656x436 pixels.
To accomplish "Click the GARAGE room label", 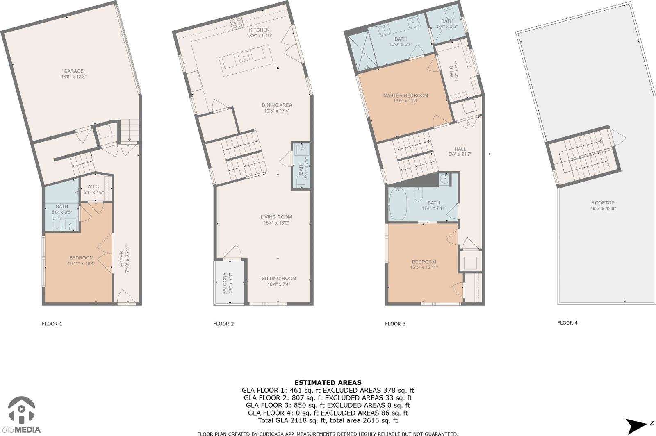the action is (73, 71).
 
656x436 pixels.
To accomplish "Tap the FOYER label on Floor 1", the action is (121, 259).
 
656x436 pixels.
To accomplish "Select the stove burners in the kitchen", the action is (237, 23).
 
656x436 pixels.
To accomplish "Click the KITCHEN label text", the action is (259, 30).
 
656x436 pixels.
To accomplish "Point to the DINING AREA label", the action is (277, 105).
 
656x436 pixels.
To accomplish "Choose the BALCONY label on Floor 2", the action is (225, 283).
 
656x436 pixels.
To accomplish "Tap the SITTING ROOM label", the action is (279, 279).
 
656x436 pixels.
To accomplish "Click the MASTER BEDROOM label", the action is (405, 95).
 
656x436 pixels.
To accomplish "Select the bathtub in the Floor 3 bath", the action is (398, 204).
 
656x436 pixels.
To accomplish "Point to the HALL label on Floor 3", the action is (460, 149).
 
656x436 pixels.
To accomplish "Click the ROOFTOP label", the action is (603, 203).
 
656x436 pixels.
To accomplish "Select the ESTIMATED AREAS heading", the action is (328, 382).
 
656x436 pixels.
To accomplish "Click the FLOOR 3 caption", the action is (395, 324).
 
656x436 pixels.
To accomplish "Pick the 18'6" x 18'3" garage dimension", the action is (73, 77).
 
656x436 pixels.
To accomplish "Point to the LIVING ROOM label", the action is (276, 217).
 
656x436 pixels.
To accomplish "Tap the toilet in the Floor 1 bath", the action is (57, 224).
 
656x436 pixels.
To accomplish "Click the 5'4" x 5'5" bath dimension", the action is (447, 26).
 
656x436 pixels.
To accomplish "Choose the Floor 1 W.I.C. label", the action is (94, 187).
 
